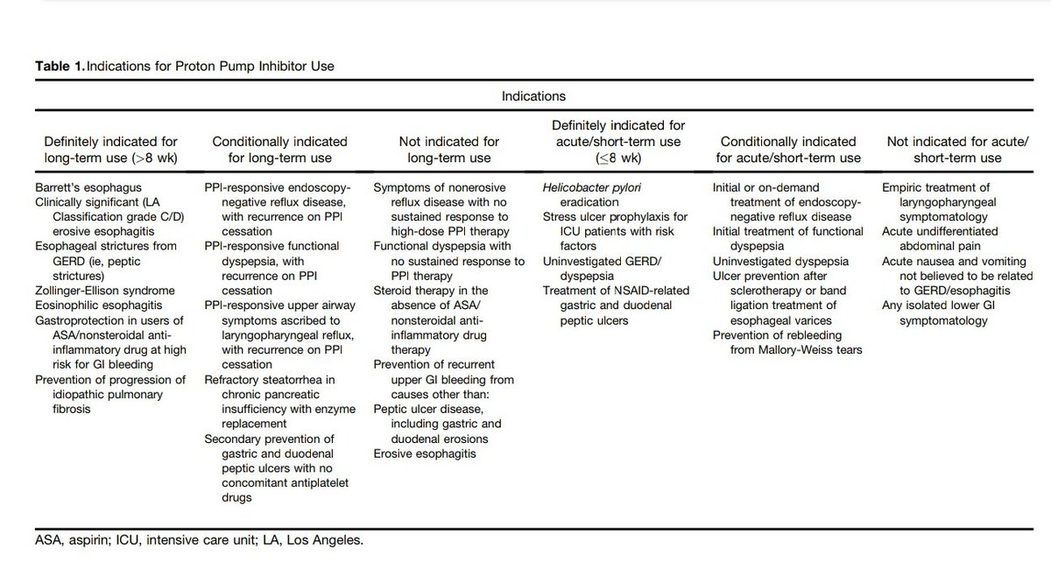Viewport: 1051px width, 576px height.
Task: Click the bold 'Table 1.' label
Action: click(60, 66)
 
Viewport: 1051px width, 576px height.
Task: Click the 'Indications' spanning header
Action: click(533, 95)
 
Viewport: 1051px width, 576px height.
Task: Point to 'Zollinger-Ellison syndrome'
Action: click(104, 290)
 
